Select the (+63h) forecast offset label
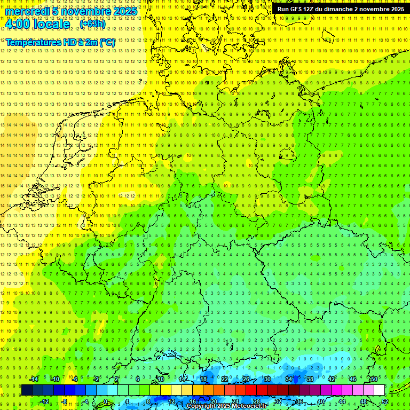(92, 23)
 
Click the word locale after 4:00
(51, 25)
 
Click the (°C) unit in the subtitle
(107, 42)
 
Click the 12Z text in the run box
(309, 9)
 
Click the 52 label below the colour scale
(385, 401)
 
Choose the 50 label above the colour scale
(374, 379)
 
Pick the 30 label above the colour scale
(267, 379)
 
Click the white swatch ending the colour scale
(379, 390)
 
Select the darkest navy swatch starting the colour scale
(27, 390)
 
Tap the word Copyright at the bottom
(203, 406)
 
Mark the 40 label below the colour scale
(321, 401)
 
